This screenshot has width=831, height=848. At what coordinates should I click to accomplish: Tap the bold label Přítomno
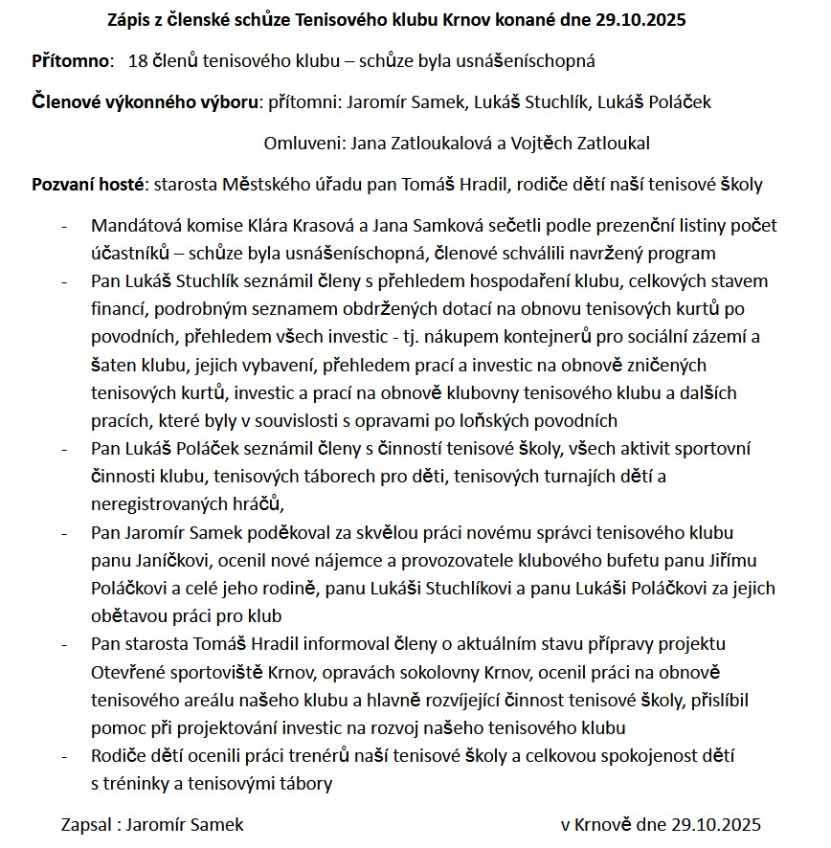click(72, 61)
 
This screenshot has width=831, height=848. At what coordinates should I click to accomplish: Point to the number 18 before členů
click(136, 61)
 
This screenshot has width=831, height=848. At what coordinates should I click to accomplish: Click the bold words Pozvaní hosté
click(87, 185)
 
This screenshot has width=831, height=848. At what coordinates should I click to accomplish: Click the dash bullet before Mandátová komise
click(64, 227)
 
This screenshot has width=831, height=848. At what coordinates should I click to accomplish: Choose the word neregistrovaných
click(158, 503)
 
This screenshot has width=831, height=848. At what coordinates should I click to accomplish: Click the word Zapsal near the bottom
click(84, 825)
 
